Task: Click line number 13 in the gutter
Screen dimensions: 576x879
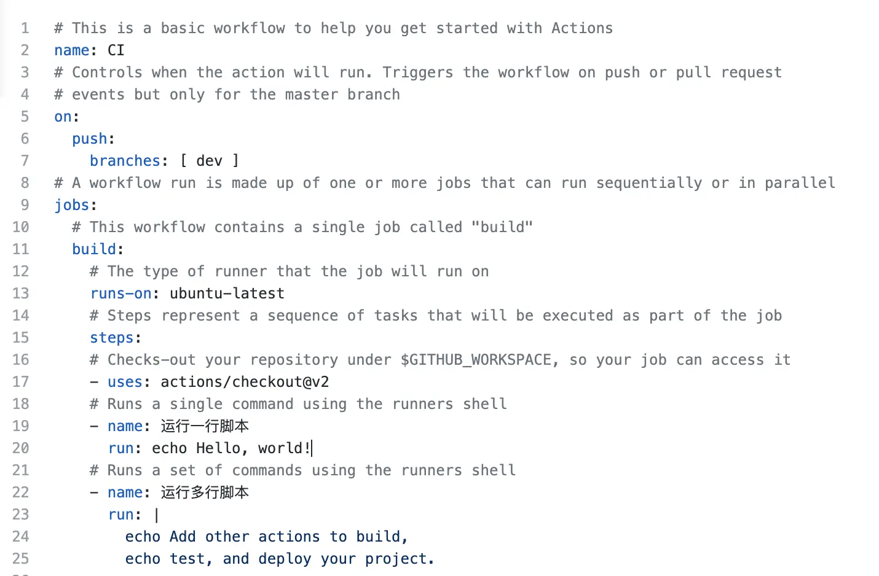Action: [20, 294]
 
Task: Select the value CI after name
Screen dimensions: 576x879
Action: [116, 50]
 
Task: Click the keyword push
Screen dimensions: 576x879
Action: [90, 139]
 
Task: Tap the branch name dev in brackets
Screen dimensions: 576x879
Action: [209, 161]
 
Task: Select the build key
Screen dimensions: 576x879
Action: [94, 249]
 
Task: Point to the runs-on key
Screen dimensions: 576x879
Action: [121, 294]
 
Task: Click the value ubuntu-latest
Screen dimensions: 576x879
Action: [227, 294]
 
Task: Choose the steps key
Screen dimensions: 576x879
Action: [112, 338]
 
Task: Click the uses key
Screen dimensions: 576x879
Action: [125, 382]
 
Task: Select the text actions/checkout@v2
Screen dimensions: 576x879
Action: [245, 382]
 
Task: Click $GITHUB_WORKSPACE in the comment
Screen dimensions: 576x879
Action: [476, 360]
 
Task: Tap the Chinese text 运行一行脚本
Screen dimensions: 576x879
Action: [205, 426]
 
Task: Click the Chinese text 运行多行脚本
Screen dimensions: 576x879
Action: [205, 492]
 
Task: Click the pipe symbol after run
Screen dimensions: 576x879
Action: [157, 515]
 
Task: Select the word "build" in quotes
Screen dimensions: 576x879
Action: [502, 227]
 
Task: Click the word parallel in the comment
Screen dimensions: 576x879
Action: [800, 183]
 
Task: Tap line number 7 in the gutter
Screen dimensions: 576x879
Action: [25, 161]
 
